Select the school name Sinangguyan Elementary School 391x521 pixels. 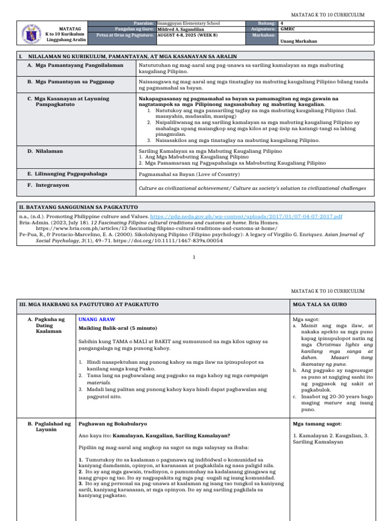189,23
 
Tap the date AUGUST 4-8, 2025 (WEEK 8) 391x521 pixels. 188,36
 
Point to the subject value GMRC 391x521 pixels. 288,30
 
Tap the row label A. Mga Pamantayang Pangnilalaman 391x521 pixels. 75,66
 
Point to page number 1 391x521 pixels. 194,257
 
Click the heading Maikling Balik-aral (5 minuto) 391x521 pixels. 118,328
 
